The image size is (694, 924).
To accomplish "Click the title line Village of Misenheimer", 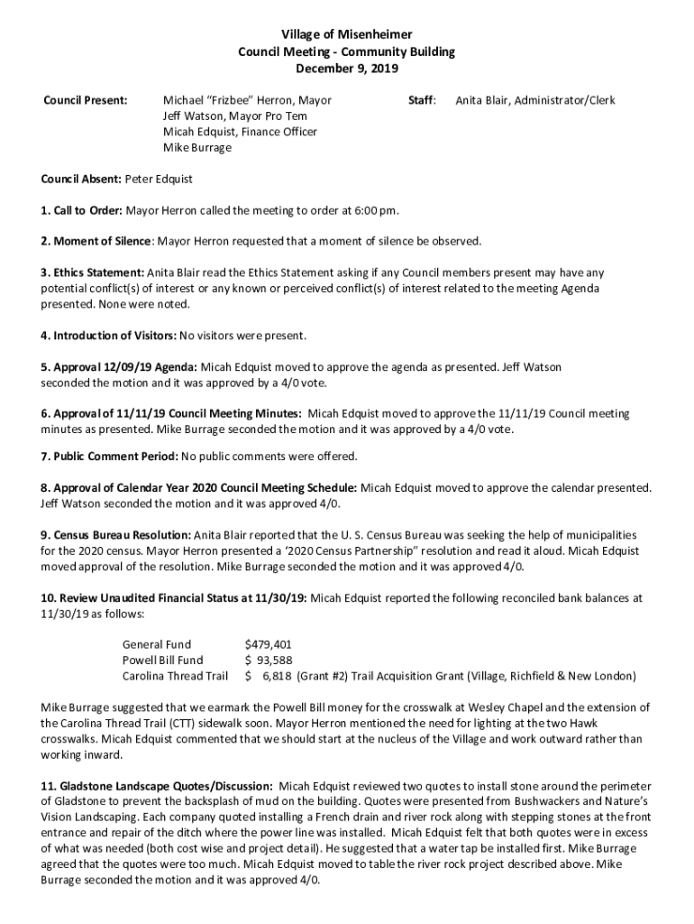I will click(x=346, y=35).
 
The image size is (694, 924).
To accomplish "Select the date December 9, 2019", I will click(x=346, y=68).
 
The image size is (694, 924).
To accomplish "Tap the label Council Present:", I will click(x=86, y=100).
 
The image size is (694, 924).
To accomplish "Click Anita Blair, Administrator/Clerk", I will click(x=535, y=100).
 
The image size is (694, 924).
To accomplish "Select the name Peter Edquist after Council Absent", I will click(x=159, y=180).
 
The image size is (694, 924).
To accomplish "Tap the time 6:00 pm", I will click(x=375, y=211).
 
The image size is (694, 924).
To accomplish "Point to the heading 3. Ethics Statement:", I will click(x=92, y=273).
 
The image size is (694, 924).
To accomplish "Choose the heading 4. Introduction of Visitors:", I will click(x=108, y=336).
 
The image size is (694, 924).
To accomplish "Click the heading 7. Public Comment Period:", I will click(x=109, y=456).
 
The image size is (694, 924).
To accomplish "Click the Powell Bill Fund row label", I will click(x=162, y=661).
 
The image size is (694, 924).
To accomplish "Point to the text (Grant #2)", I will click(x=325, y=676).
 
